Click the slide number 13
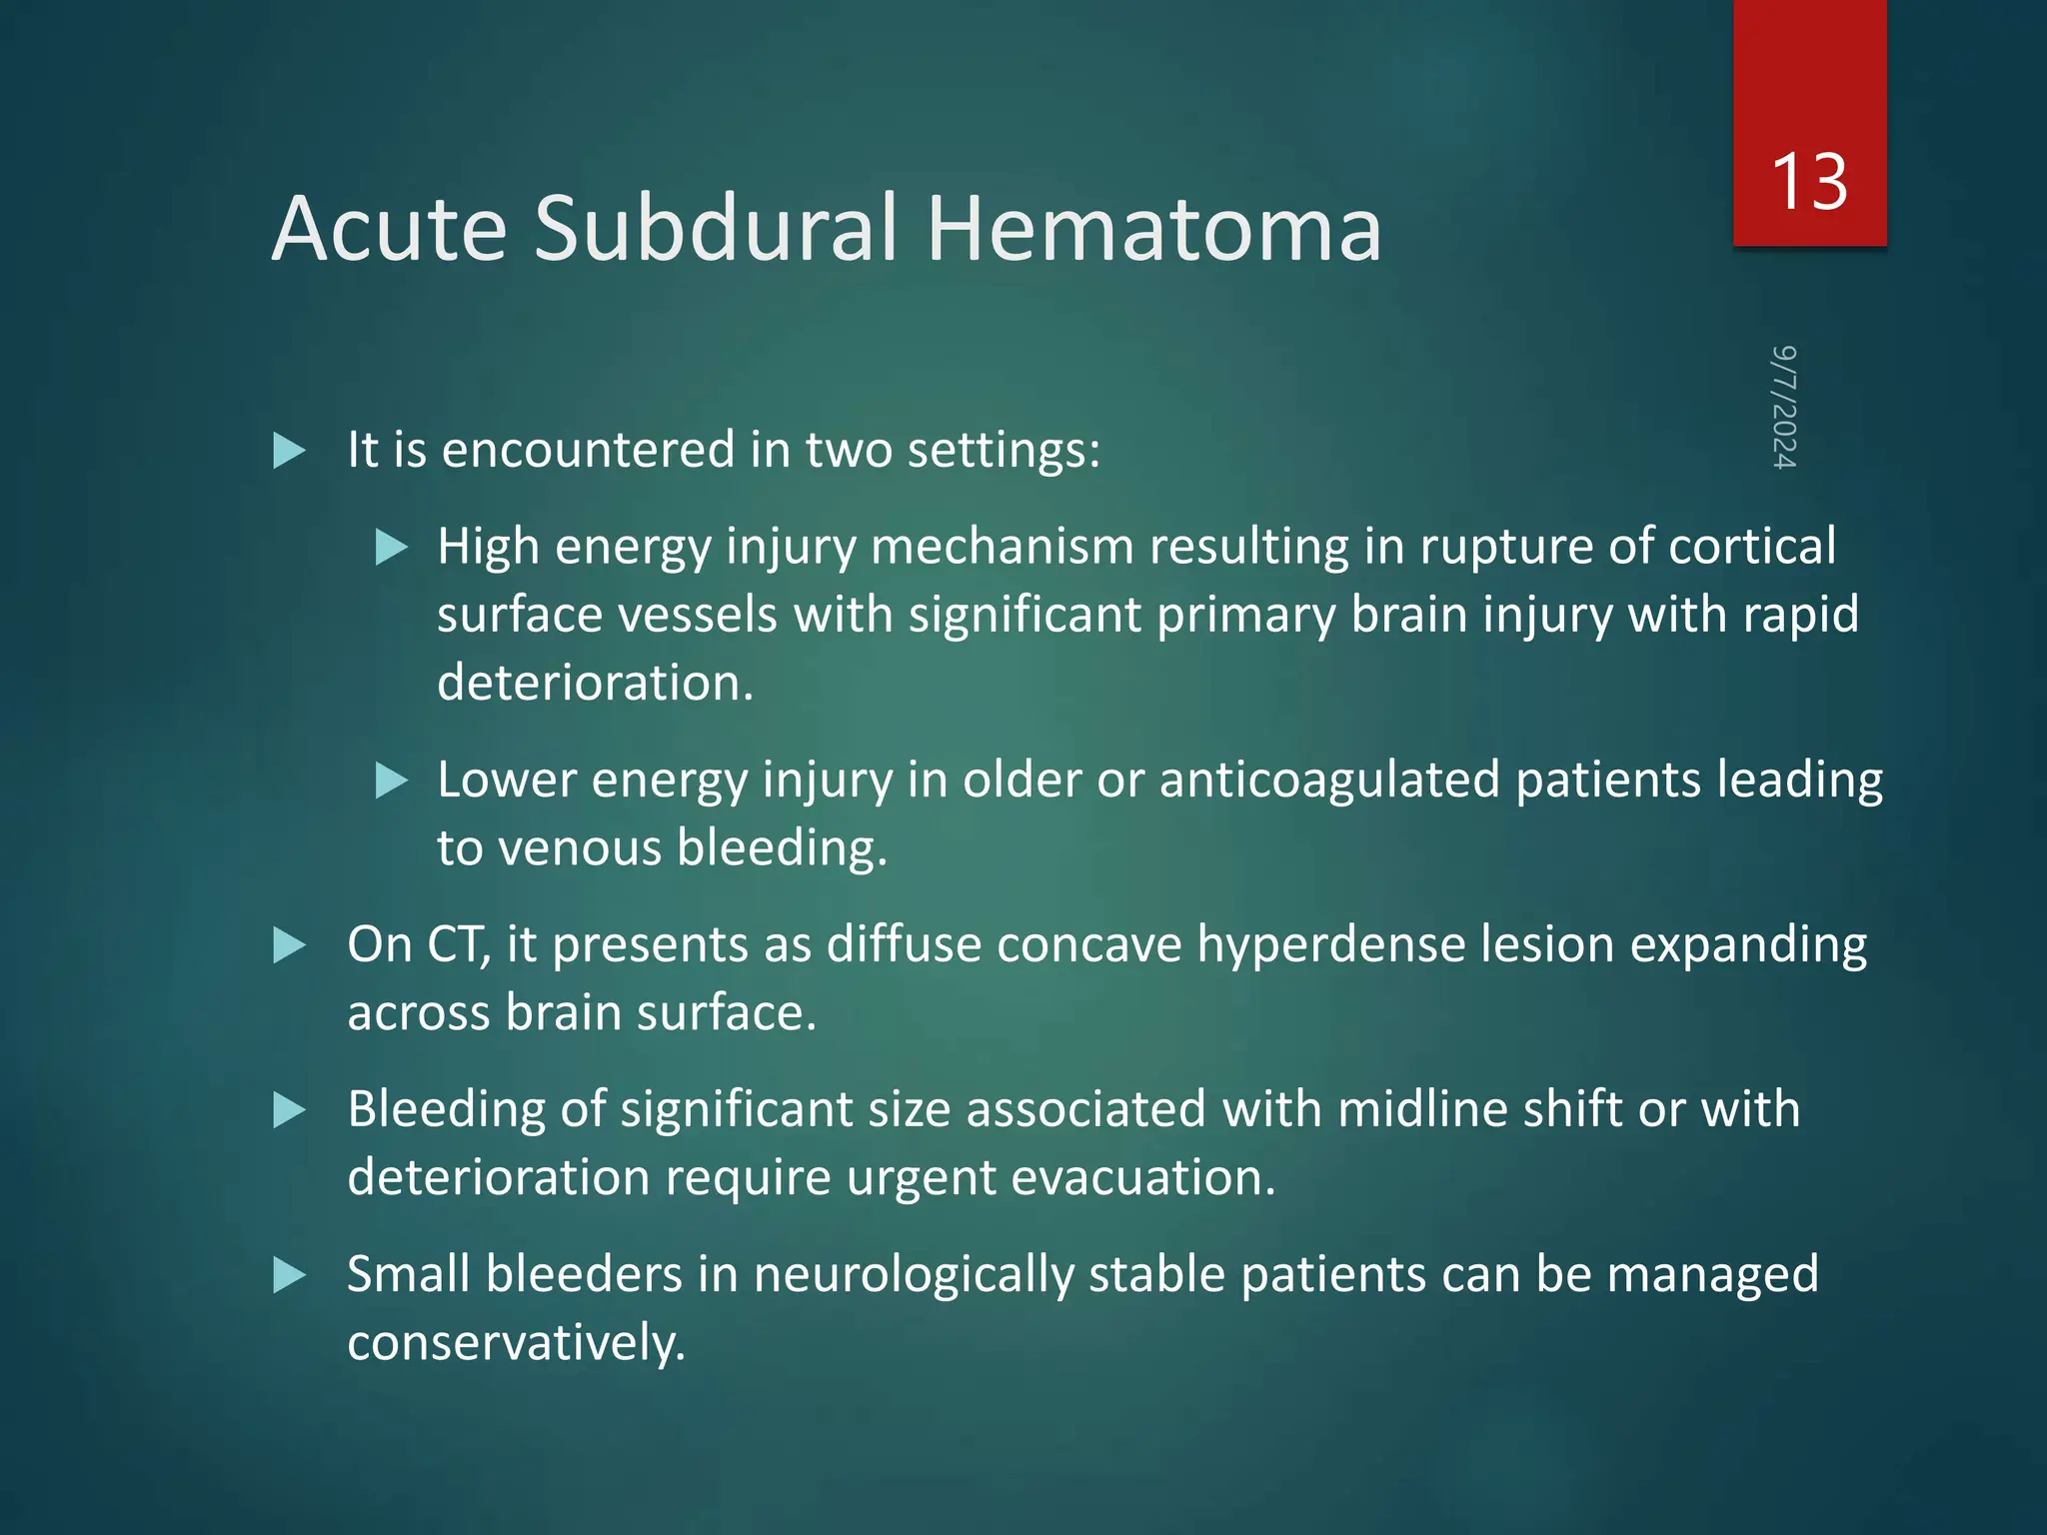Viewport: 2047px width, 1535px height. [1808, 183]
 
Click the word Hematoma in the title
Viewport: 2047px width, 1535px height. [1154, 230]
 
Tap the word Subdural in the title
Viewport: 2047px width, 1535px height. [716, 230]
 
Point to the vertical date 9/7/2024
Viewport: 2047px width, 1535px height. [1784, 407]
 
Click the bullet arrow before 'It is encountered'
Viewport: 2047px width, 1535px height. [289, 451]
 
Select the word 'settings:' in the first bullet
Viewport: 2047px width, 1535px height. [1004, 451]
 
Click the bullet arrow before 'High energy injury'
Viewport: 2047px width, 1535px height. [392, 548]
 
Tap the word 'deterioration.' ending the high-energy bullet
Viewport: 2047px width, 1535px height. [596, 684]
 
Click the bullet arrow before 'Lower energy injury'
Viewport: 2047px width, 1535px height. [392, 780]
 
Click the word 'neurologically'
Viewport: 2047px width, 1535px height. [914, 1275]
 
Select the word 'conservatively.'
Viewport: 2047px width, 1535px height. [517, 1343]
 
